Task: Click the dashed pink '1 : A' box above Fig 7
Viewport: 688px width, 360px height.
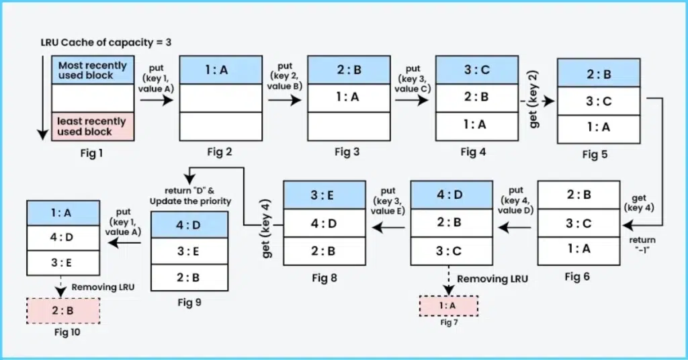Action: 449,306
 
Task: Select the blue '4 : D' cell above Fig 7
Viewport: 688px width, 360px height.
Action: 448,195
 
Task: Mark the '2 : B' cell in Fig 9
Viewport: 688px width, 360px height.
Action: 187,277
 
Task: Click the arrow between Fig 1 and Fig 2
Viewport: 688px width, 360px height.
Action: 157,101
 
